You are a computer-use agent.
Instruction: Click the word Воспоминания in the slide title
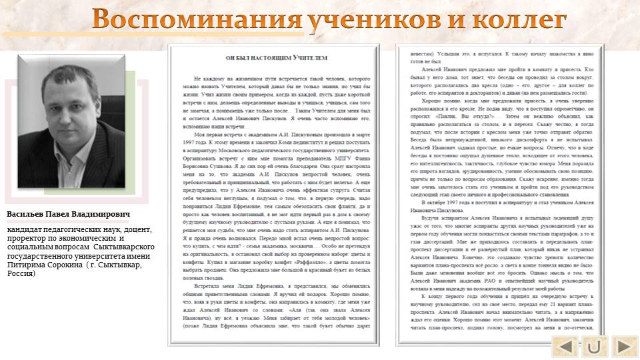[197, 19]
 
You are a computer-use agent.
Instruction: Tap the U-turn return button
[595, 347]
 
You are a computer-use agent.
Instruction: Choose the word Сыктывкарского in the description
[124, 247]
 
